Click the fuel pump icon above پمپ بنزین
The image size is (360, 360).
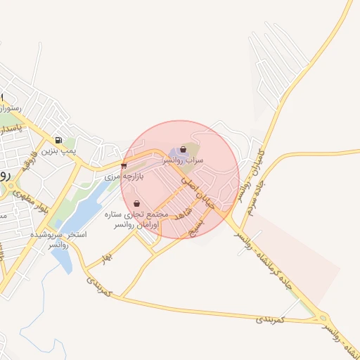(x=58, y=140)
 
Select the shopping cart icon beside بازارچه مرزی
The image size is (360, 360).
(x=124, y=167)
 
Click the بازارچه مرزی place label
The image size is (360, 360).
(x=124, y=177)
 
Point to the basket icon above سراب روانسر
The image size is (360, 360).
(x=184, y=149)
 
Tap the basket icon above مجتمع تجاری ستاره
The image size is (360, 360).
(x=136, y=203)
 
